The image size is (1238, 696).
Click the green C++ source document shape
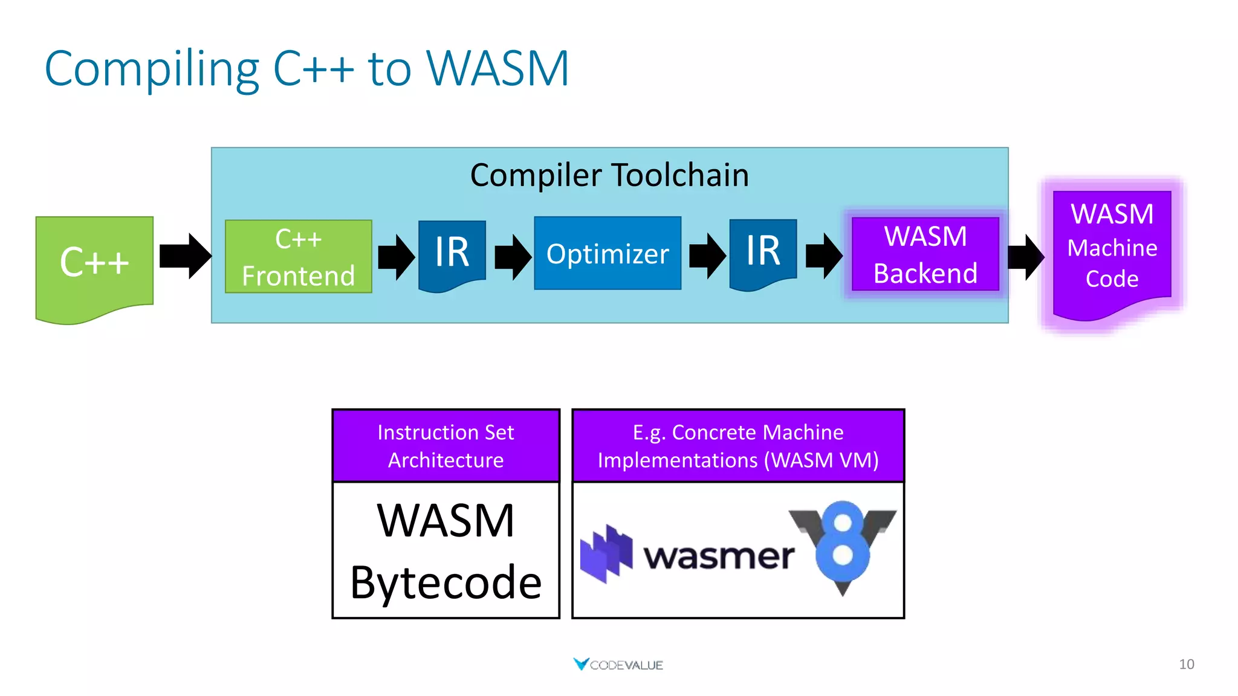[x=94, y=263]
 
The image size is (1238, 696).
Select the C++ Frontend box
[x=298, y=257]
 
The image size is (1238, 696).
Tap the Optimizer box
[x=608, y=254]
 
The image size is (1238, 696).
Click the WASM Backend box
[x=925, y=254]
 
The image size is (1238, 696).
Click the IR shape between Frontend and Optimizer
[x=452, y=253]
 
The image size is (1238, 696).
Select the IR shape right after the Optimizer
[x=763, y=251]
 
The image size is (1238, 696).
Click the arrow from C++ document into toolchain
[x=185, y=256]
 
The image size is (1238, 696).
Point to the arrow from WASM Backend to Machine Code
[x=1025, y=257]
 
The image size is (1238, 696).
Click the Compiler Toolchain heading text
[x=609, y=175]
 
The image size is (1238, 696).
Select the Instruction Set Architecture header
[x=446, y=446]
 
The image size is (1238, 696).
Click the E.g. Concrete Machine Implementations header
[x=737, y=446]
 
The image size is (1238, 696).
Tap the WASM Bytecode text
[x=446, y=551]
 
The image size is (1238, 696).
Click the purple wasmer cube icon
[x=606, y=553]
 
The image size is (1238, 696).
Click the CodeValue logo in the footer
[x=618, y=665]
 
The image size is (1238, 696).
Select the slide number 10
[x=1186, y=664]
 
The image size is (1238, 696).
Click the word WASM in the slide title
[x=497, y=68]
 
